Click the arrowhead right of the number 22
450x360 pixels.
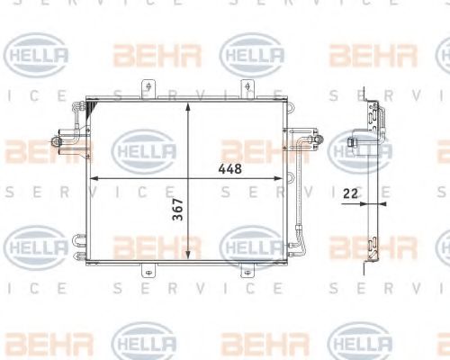coord(372,203)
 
